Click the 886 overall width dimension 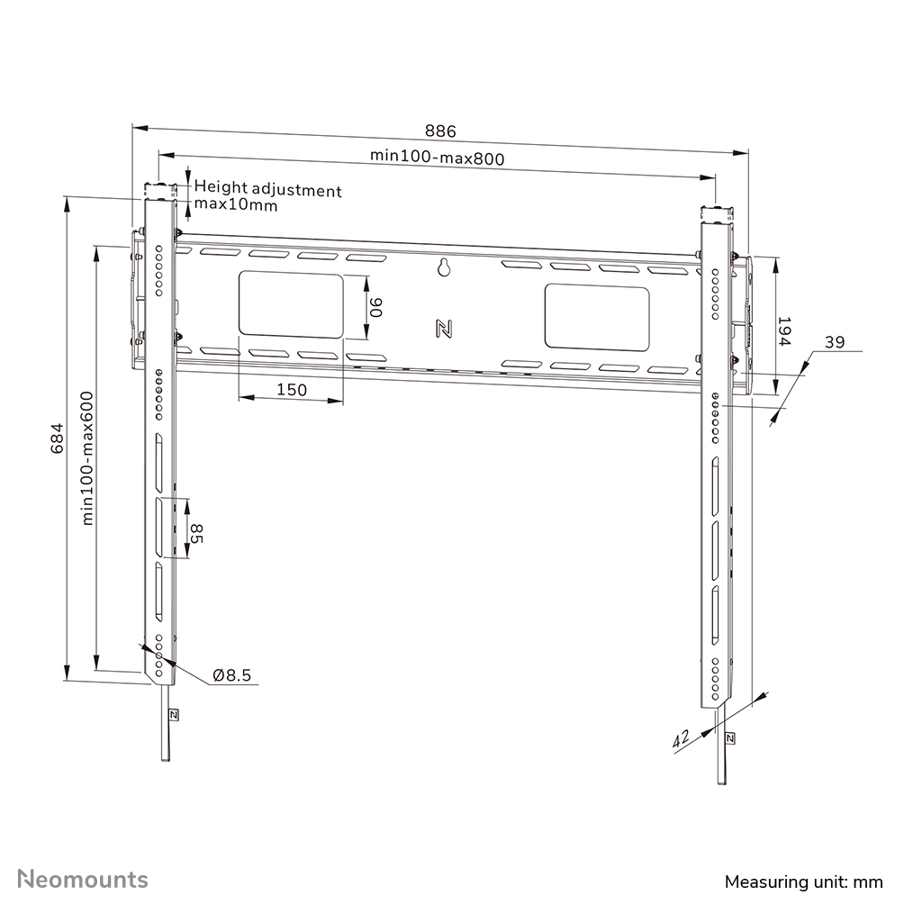coord(441,131)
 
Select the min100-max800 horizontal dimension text coord(437,157)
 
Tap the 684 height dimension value coord(57,438)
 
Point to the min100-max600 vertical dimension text coord(87,457)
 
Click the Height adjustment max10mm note coord(267,197)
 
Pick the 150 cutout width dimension coord(292,390)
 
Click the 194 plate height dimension coord(783,332)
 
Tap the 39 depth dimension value coord(835,342)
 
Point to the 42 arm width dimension coord(682,739)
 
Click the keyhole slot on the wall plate coord(443,267)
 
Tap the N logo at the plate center coord(443,329)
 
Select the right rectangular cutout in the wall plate coord(596,318)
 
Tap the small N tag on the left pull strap coord(172,715)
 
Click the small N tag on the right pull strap coord(728,738)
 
